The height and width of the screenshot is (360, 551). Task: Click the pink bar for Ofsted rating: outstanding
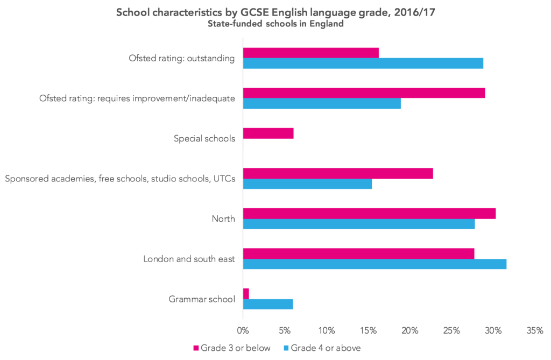[311, 52]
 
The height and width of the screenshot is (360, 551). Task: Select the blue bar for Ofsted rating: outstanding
[363, 63]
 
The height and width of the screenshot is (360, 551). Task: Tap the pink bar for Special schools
[269, 133]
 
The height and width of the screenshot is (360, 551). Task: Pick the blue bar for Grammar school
[268, 304]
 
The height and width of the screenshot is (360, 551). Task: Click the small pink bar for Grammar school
[246, 294]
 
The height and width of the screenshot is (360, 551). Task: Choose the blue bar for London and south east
[375, 264]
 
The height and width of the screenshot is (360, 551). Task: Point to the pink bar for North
[369, 213]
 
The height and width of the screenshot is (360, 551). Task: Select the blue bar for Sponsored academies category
[307, 183]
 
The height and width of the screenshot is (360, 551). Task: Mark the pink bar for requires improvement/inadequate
[364, 93]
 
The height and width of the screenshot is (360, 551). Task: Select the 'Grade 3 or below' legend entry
[232, 348]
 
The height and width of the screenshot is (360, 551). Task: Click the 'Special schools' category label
[204, 138]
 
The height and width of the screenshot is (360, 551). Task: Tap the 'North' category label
[224, 218]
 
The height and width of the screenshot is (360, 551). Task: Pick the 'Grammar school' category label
[202, 299]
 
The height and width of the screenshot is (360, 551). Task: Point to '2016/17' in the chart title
[414, 12]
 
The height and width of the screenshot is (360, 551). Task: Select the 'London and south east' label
[189, 259]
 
